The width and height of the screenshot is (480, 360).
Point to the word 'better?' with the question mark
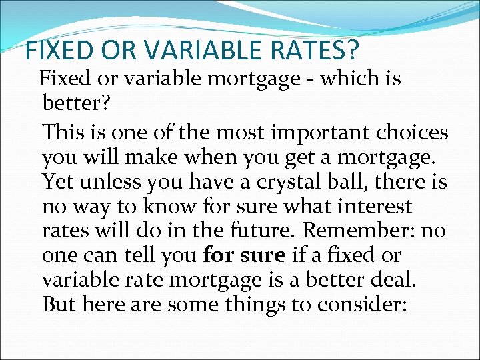pos(71,103)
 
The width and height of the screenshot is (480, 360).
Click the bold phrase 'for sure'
pos(245,255)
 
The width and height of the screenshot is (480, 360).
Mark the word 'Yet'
pos(55,181)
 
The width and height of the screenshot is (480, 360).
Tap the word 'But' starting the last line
pos(58,304)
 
